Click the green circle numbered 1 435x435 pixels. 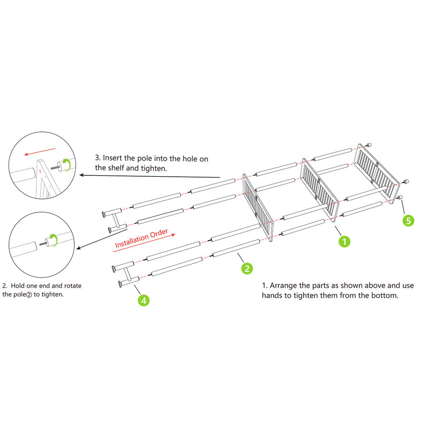tap(344, 242)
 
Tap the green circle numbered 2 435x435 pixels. tap(246, 269)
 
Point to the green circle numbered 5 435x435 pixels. tap(408, 221)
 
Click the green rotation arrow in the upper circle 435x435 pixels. tap(67, 164)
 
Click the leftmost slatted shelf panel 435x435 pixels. tap(259, 207)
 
